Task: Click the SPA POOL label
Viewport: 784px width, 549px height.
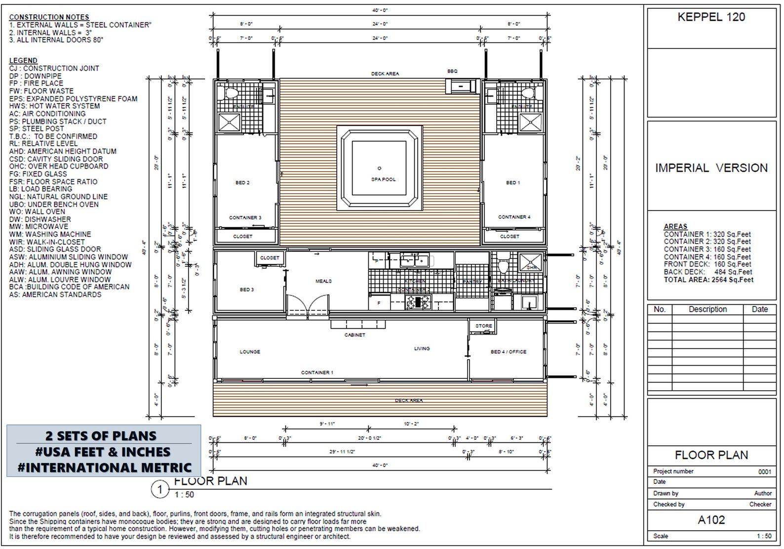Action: [383, 179]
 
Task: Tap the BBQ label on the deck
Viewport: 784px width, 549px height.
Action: [452, 71]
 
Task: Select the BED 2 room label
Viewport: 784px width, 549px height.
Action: [242, 183]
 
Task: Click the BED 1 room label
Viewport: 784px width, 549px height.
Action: [513, 183]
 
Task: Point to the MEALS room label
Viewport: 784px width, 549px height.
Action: [323, 281]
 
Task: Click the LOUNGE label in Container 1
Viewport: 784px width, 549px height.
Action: [250, 352]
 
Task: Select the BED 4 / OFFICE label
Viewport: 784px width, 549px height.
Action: [508, 352]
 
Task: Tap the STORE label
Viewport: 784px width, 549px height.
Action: [483, 326]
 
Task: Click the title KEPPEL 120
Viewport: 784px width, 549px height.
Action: [711, 17]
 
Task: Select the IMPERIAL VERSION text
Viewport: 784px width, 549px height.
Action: [711, 168]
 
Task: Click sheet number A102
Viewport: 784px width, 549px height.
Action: [711, 520]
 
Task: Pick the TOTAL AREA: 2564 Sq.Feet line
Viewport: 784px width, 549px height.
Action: [708, 280]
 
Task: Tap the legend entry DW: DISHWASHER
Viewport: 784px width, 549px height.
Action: [40, 219]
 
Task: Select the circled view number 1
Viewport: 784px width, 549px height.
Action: [160, 490]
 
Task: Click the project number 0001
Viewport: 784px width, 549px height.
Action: [764, 471]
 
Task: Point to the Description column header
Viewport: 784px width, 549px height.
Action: [707, 309]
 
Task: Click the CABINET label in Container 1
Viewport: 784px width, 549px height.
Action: [354, 335]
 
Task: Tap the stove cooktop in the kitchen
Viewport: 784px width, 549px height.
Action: [419, 302]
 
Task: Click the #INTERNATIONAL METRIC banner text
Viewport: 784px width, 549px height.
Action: [104, 467]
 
